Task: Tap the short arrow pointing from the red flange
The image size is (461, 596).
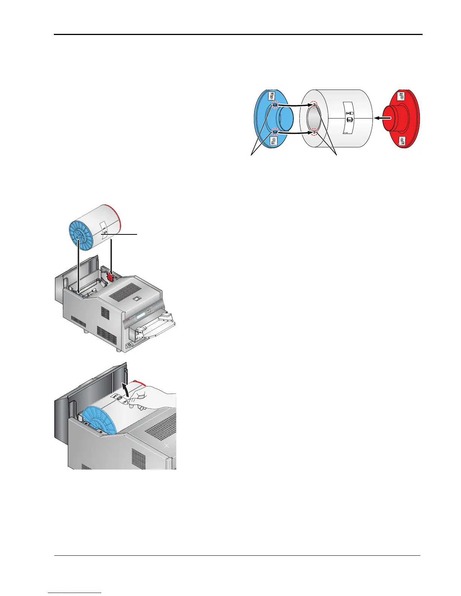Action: click(381, 118)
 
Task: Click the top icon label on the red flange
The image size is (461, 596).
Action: click(402, 96)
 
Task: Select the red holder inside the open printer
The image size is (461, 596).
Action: click(110, 277)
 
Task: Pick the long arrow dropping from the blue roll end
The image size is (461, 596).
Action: click(78, 267)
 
